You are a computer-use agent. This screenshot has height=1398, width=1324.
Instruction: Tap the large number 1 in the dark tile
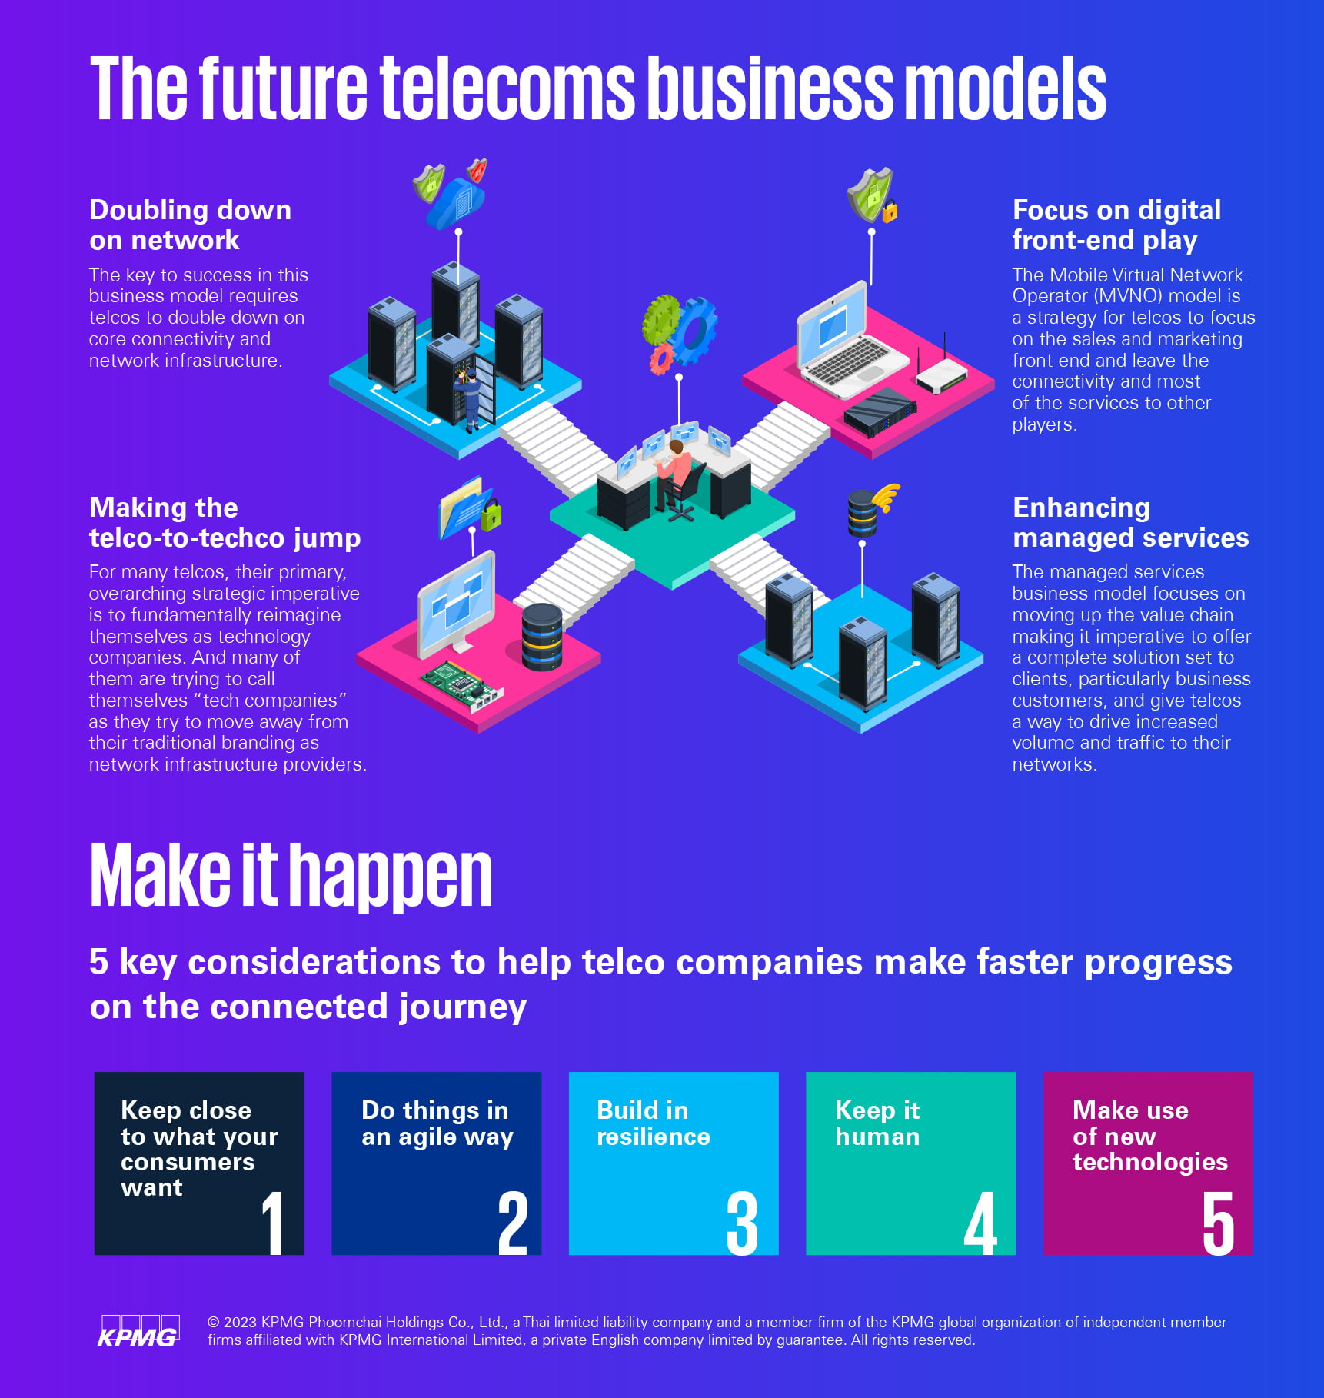coord(273,1222)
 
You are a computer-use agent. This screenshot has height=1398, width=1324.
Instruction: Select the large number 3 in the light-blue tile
coord(742,1223)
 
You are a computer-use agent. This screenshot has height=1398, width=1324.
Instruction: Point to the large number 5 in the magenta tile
coord(1218,1223)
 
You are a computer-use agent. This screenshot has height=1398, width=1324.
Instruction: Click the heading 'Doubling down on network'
coord(190,225)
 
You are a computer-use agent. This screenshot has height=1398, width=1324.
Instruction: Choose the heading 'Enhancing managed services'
coord(1130,522)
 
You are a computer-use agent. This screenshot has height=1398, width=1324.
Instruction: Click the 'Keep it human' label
coord(877,1123)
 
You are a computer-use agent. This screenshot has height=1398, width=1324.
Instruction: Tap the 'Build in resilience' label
coord(653,1123)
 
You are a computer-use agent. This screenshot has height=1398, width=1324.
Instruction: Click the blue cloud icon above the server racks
coord(456,204)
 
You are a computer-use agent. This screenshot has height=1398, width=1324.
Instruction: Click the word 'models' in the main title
coord(1010,89)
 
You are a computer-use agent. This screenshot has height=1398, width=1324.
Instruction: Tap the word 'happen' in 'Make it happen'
coord(391,877)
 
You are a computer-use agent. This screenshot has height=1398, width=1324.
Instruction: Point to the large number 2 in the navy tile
coord(513,1223)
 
